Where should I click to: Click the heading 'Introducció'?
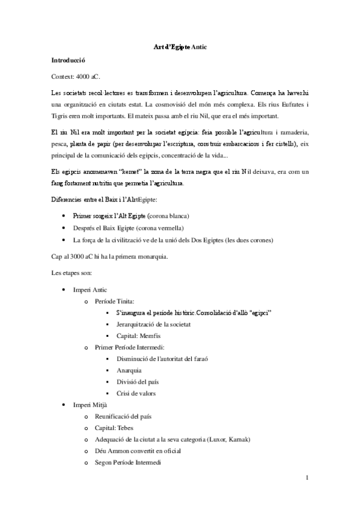point(69,61)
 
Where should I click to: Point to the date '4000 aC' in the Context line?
point(90,77)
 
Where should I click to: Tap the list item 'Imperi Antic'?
point(90,290)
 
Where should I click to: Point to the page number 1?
point(307,479)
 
